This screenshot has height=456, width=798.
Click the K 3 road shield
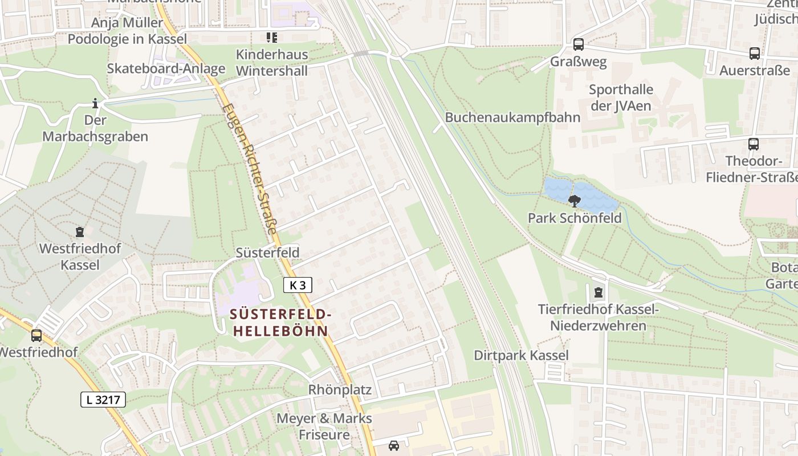[298, 285]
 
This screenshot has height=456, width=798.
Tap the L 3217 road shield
[103, 400]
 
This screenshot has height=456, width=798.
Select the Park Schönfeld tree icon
[575, 201]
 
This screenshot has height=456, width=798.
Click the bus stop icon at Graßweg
[579, 44]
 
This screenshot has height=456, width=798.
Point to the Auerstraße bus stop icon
[755, 54]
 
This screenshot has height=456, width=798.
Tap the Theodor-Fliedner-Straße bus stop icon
[754, 144]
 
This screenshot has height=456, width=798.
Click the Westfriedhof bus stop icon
[36, 336]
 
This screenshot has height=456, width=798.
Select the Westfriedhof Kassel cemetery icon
[80, 232]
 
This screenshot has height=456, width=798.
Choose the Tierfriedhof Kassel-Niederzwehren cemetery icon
[598, 292]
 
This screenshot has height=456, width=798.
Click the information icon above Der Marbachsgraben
[95, 103]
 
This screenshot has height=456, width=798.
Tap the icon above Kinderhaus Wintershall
[272, 38]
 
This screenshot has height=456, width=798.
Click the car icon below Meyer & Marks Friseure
[394, 446]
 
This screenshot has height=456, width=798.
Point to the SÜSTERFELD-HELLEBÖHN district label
[280, 323]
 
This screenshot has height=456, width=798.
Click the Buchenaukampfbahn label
[512, 117]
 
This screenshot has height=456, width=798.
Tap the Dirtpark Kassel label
[521, 355]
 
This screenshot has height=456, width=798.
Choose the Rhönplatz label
[340, 390]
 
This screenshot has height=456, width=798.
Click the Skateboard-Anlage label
[166, 68]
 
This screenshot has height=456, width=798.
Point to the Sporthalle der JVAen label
[621, 97]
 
